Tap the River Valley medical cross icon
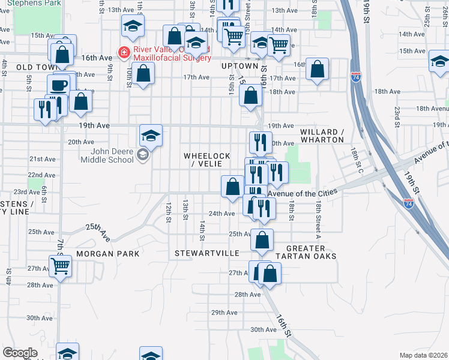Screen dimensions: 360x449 pyautogui.click(x=124, y=53)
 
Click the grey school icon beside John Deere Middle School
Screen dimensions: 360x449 pyautogui.click(x=143, y=156)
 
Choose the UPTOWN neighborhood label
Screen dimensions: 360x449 pyautogui.click(x=239, y=66)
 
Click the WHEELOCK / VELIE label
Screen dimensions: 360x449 pyautogui.click(x=206, y=160)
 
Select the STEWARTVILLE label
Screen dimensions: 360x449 pyautogui.click(x=207, y=254)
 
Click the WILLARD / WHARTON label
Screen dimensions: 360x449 pyautogui.click(x=322, y=136)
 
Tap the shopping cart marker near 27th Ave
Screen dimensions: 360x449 pyautogui.click(x=60, y=265)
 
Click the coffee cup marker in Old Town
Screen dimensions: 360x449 pyautogui.click(x=59, y=84)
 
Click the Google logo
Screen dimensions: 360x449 pyautogui.click(x=20, y=353)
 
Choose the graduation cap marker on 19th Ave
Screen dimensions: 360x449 pyautogui.click(x=151, y=135)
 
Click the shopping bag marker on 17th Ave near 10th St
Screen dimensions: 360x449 pyautogui.click(x=143, y=74)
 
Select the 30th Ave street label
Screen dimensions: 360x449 pyautogui.click(x=263, y=329)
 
